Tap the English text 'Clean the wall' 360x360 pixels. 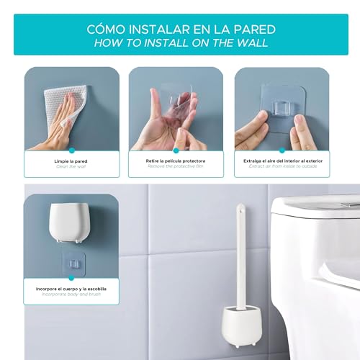71,166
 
